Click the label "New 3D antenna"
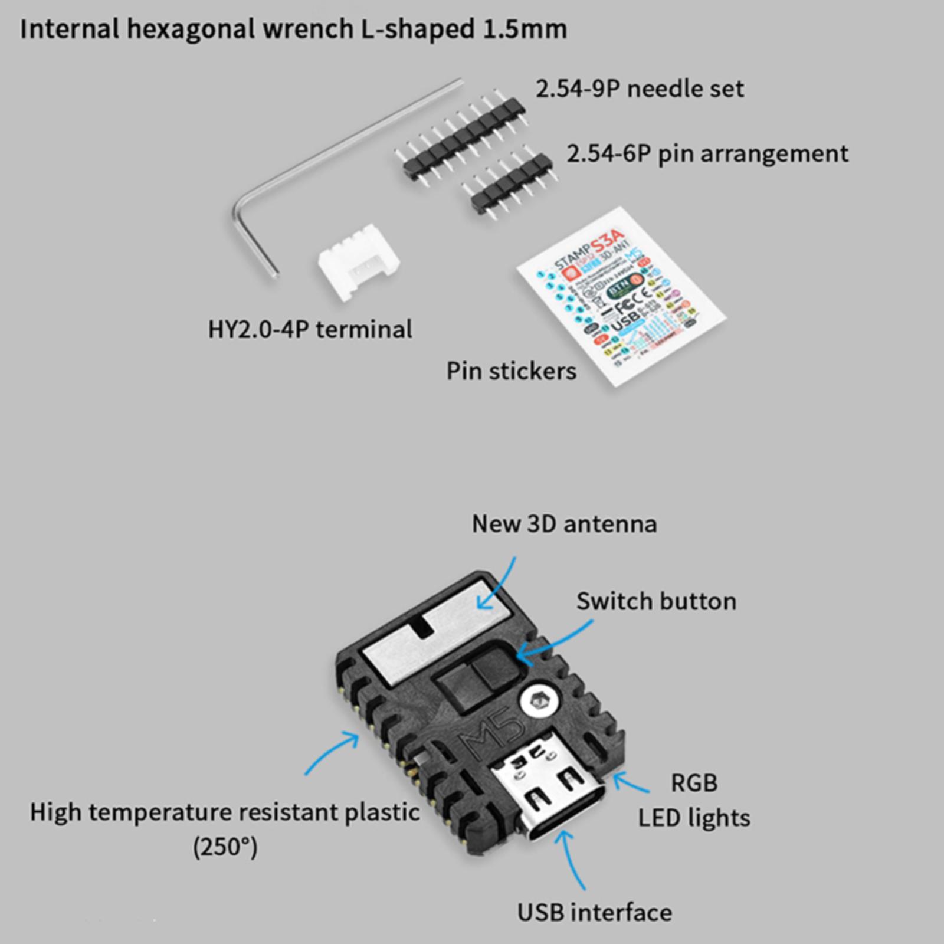[x=564, y=524]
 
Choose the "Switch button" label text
[x=656, y=601]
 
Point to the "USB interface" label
[x=595, y=912]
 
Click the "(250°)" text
[x=225, y=848]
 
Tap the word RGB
[x=694, y=783]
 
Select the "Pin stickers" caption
[x=511, y=371]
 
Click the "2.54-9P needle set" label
[x=640, y=89]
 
